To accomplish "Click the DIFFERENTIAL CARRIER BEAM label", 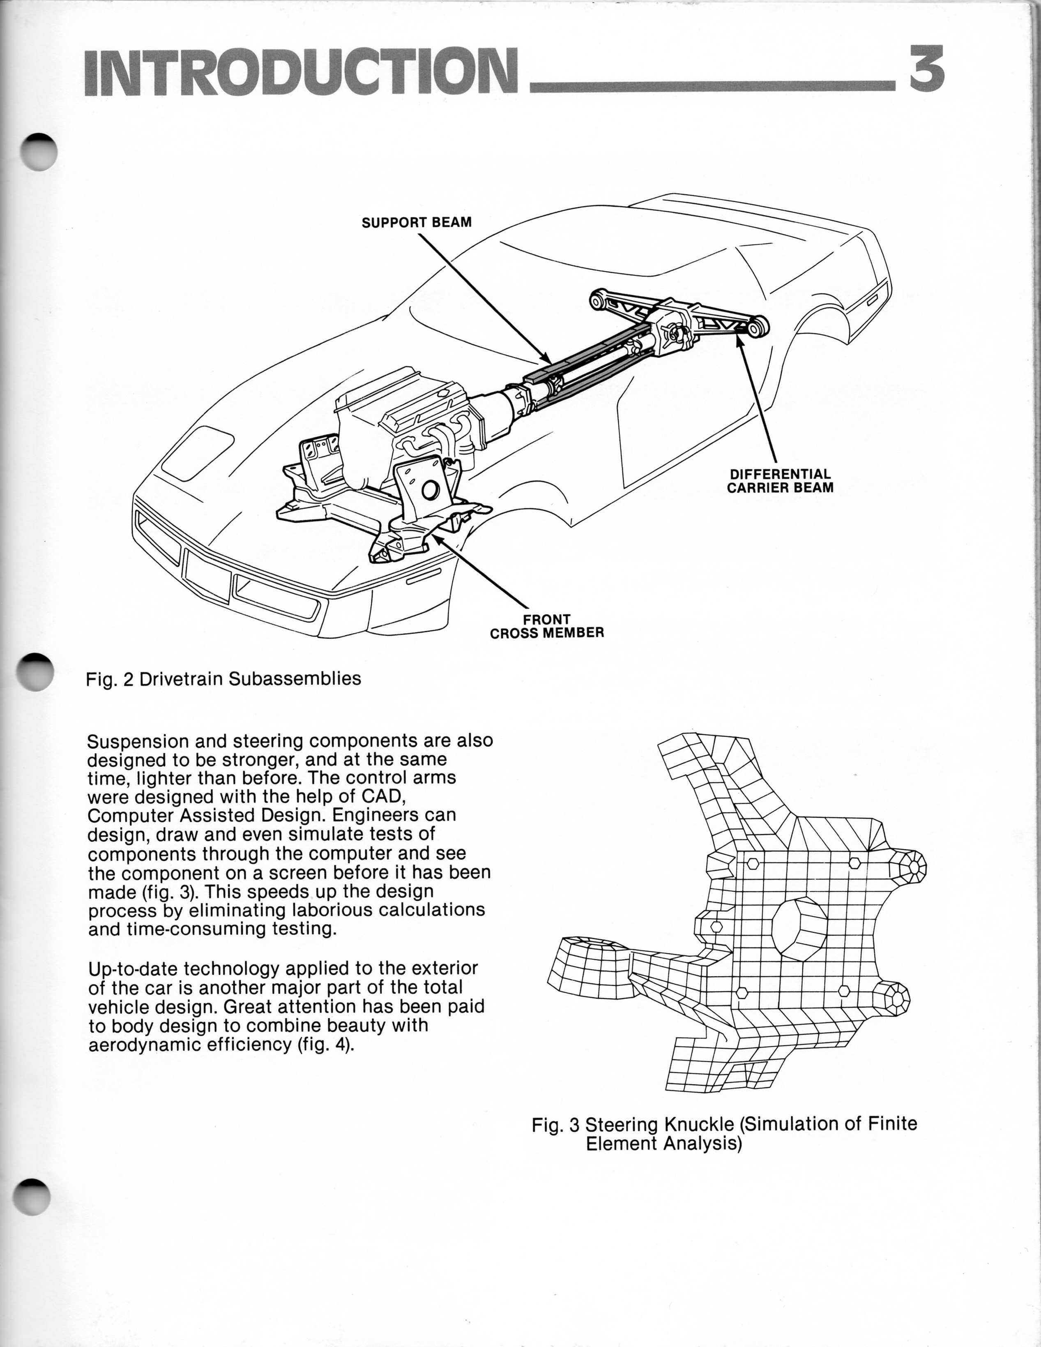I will (x=780, y=481).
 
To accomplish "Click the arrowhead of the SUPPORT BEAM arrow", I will (x=546, y=359).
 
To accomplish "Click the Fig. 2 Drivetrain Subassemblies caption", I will (x=223, y=679).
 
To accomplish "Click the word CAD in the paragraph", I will (x=385, y=796).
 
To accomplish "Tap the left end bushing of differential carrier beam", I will (x=597, y=301).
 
